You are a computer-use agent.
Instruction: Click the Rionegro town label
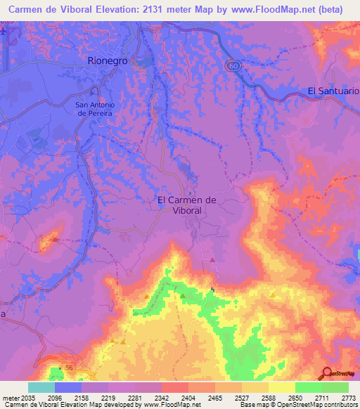tap(108, 61)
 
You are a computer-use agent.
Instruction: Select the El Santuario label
tap(333, 91)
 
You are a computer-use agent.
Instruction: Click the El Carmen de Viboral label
tap(186, 204)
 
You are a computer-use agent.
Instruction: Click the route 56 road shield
tap(69, 368)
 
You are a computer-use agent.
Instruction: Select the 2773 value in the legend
tap(348, 396)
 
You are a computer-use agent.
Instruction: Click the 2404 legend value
tap(188, 396)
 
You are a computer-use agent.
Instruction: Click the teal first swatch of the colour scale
tap(41, 387)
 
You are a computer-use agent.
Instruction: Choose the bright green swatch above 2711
tap(308, 387)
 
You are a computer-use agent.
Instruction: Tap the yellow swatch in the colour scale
tap(281, 387)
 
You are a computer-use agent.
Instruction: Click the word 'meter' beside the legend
tap(10, 396)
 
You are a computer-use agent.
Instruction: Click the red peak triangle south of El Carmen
tap(212, 259)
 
